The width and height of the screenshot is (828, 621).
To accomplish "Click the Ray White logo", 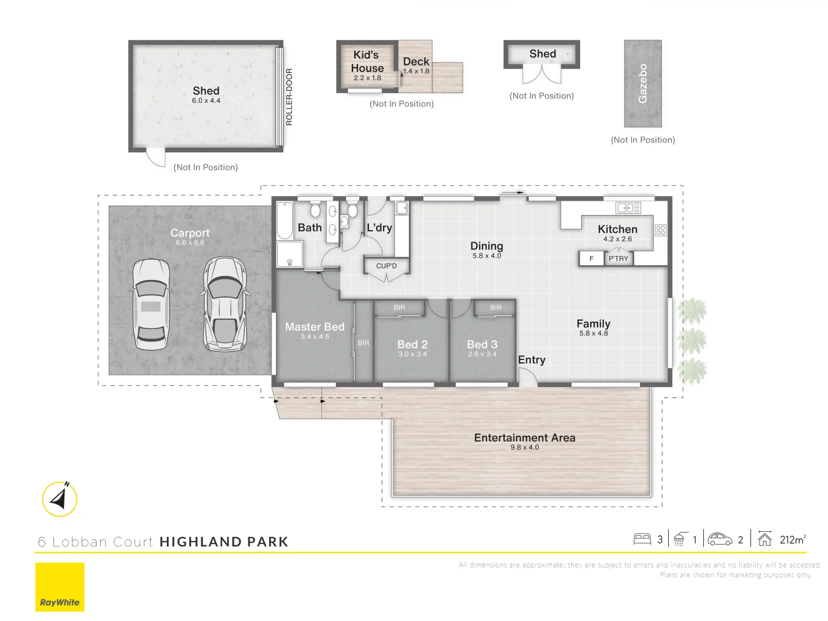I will [60, 586].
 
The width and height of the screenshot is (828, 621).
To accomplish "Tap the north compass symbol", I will [60, 499].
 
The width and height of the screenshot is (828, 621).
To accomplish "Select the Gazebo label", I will [643, 83].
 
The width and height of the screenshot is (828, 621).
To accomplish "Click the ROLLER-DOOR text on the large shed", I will [289, 97].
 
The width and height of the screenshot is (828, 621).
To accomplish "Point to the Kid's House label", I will [367, 62].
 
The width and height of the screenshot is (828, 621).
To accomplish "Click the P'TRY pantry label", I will [619, 259].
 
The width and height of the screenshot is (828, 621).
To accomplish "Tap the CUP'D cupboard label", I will [386, 266].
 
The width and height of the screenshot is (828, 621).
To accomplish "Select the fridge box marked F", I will [591, 259].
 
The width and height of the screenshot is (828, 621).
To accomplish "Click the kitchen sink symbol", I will [628, 208].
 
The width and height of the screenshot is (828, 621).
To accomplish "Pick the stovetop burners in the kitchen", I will [661, 231].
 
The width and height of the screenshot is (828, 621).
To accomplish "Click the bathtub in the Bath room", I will [285, 220].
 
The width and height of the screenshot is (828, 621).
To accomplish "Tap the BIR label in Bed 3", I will [496, 308].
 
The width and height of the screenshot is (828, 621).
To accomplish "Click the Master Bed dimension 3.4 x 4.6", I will [315, 337].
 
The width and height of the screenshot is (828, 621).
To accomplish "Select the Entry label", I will [531, 360].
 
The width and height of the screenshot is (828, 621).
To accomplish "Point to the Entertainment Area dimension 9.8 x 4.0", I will [524, 447].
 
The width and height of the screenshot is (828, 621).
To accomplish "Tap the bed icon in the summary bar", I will [642, 539].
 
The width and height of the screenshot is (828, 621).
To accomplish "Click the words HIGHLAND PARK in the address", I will [224, 542].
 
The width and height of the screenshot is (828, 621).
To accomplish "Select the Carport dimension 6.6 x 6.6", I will [190, 243].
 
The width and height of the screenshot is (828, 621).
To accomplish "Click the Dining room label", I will [486, 246].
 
